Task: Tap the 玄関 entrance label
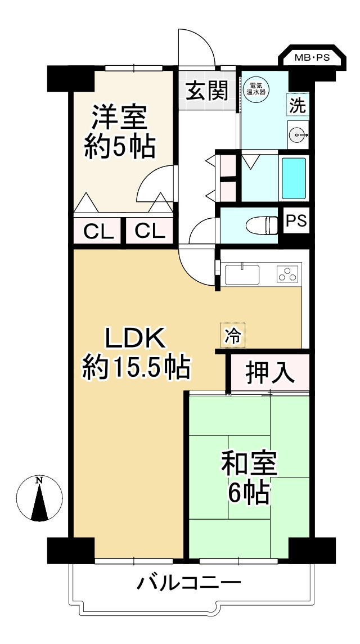pyautogui.click(x=207, y=90)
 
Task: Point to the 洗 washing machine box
pyautogui.click(x=298, y=105)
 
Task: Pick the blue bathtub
pyautogui.click(x=293, y=178)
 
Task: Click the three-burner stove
pyautogui.click(x=289, y=274)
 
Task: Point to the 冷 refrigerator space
pyautogui.click(x=232, y=336)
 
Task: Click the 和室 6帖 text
pyautogui.click(x=248, y=478)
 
